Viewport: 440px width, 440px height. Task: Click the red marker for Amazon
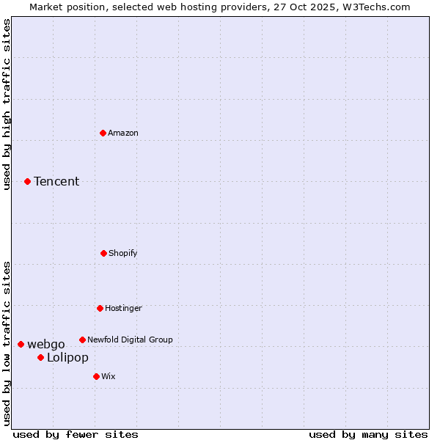click(x=103, y=133)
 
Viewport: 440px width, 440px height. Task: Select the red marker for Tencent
click(x=28, y=181)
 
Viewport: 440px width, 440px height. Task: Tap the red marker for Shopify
click(x=103, y=253)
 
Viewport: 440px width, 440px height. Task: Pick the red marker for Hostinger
click(x=100, y=308)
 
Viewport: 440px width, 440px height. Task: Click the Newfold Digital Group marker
click(x=82, y=340)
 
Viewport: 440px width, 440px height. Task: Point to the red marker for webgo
click(x=21, y=344)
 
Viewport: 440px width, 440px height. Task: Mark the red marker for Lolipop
click(x=40, y=357)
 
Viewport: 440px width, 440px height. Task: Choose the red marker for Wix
click(x=96, y=376)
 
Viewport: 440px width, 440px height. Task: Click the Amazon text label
click(x=123, y=133)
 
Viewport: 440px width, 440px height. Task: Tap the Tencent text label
click(x=56, y=181)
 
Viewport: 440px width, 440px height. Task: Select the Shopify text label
click(x=123, y=253)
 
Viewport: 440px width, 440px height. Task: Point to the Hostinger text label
click(x=123, y=308)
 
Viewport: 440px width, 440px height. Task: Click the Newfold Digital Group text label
click(x=130, y=340)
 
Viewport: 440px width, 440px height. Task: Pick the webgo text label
click(x=46, y=344)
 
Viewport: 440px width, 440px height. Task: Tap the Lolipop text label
click(x=67, y=357)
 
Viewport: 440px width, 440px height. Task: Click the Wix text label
click(x=109, y=376)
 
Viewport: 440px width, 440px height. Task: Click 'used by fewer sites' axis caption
click(x=75, y=434)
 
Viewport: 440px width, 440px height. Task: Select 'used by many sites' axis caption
click(x=368, y=434)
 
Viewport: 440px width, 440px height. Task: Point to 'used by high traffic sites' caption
click(x=7, y=104)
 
